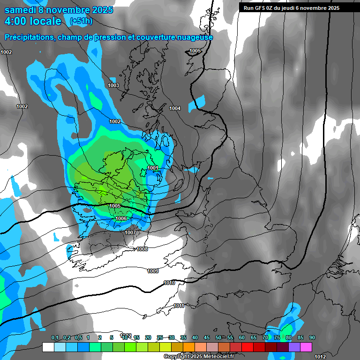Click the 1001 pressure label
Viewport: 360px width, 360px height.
click(153, 168)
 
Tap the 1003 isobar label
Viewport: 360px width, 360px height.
click(113, 85)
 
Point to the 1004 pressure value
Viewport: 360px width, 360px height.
click(175, 108)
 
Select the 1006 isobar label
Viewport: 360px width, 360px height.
click(121, 218)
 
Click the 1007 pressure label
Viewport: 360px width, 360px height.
click(130, 232)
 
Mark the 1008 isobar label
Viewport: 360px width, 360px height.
click(142, 249)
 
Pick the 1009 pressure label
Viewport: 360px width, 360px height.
click(153, 271)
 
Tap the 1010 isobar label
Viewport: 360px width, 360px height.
click(169, 283)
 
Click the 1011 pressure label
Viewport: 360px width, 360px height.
click(179, 306)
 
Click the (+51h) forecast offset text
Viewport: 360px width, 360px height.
click(81, 21)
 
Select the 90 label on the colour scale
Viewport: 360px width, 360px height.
click(312, 338)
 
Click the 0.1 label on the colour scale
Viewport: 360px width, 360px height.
click(55, 338)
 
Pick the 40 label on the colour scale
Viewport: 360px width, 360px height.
click(195, 338)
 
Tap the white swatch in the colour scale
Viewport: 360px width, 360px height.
click(48, 347)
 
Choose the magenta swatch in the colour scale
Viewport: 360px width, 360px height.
click(306, 347)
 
